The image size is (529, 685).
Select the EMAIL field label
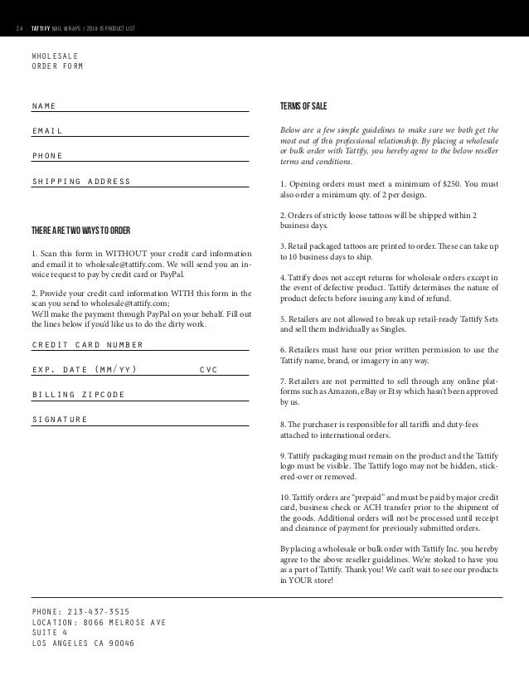(47, 131)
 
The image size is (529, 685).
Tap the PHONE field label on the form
(47, 156)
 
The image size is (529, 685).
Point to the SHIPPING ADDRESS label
(81, 182)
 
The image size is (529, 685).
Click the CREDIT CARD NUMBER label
(87, 345)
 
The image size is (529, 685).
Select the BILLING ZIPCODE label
(78, 395)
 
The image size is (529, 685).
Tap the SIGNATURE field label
(59, 420)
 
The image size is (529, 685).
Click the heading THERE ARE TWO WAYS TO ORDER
(80, 230)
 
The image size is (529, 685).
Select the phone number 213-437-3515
(99, 611)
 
